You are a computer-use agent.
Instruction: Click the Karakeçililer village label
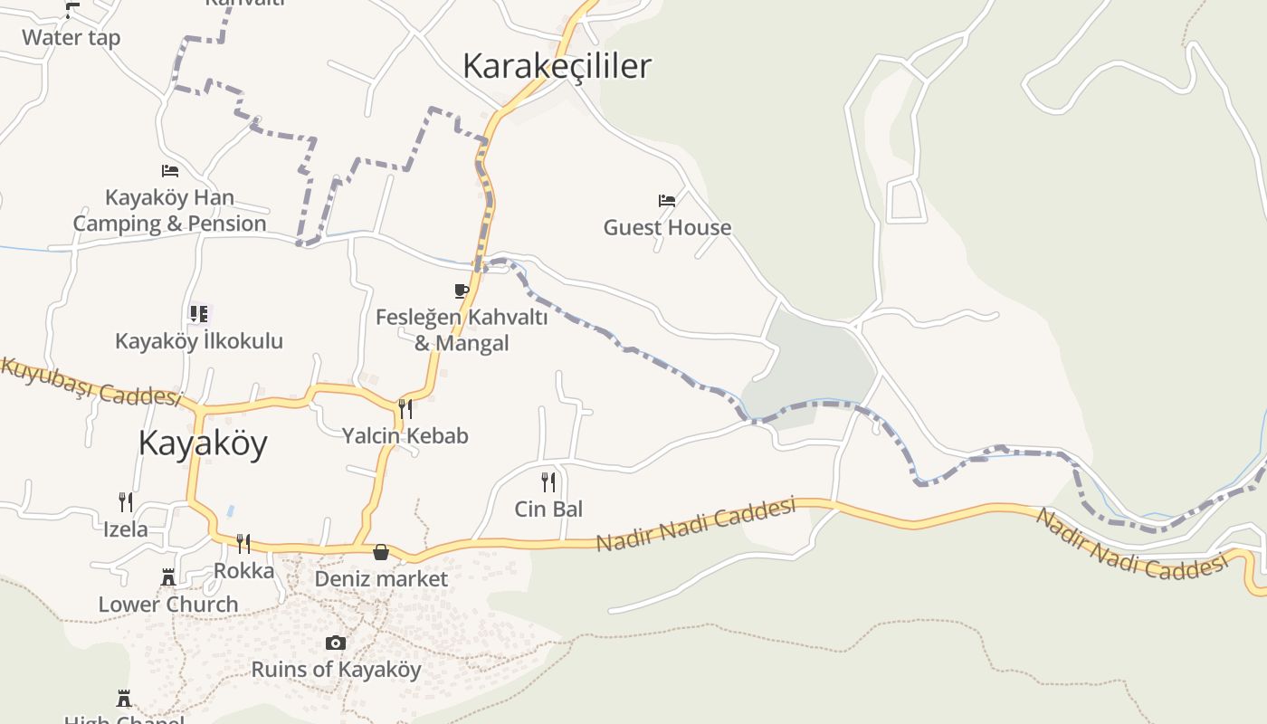pyautogui.click(x=557, y=66)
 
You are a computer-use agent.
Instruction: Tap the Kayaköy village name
pyautogui.click(x=203, y=443)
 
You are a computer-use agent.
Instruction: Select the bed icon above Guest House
pyautogui.click(x=667, y=201)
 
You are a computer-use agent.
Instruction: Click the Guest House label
pyautogui.click(x=667, y=227)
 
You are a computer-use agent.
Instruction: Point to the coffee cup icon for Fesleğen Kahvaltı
pyautogui.click(x=462, y=291)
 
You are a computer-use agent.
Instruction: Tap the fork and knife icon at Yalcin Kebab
pyautogui.click(x=405, y=409)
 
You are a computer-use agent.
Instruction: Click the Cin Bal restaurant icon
pyautogui.click(x=548, y=481)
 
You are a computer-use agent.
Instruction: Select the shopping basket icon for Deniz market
pyautogui.click(x=381, y=551)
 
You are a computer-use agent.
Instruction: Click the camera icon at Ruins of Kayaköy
pyautogui.click(x=336, y=643)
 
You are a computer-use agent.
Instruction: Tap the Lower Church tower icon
pyautogui.click(x=168, y=576)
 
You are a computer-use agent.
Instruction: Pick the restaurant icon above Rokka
pyautogui.click(x=243, y=543)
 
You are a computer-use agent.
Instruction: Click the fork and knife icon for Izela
pyautogui.click(x=126, y=501)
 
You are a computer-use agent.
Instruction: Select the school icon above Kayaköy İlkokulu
pyautogui.click(x=198, y=314)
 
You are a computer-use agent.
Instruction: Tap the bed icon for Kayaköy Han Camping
pyautogui.click(x=169, y=170)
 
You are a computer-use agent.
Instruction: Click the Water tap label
pyautogui.click(x=71, y=38)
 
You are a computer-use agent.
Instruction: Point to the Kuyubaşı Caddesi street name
pyautogui.click(x=90, y=382)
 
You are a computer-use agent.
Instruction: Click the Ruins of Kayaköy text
pyautogui.click(x=336, y=670)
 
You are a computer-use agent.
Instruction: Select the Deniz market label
pyautogui.click(x=381, y=578)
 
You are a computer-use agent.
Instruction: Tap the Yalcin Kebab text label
pyautogui.click(x=405, y=436)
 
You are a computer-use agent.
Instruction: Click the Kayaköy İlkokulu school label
pyautogui.click(x=199, y=341)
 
